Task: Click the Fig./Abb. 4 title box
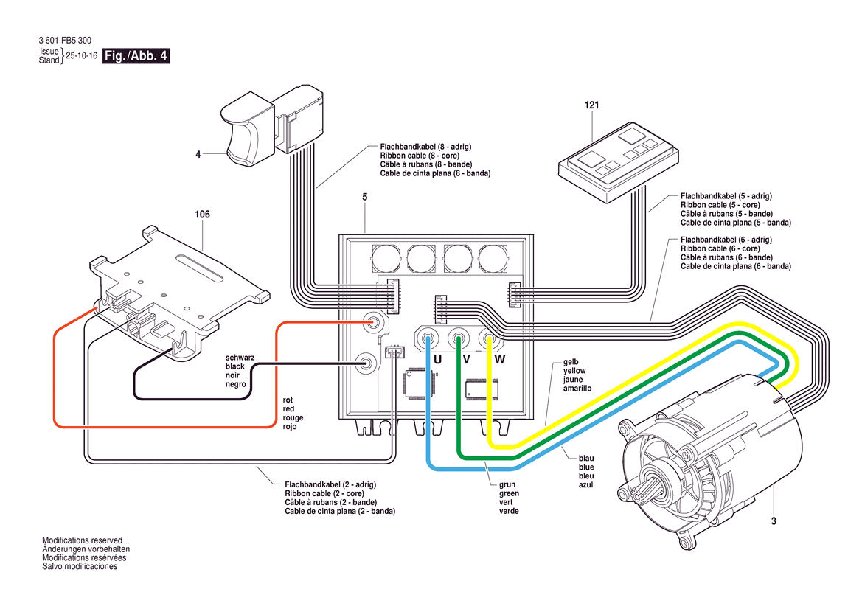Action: point(136,55)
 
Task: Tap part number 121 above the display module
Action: point(591,105)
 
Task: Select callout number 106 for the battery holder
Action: point(202,215)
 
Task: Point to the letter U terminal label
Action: point(437,360)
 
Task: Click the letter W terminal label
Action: point(500,360)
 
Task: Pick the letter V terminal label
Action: point(467,360)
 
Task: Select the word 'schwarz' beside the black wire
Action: point(240,358)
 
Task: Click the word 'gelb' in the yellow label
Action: point(571,362)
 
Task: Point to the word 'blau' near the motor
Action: point(586,459)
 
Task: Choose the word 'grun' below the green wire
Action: point(507,485)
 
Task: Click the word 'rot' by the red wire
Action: point(288,400)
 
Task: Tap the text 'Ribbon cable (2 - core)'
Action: point(324,493)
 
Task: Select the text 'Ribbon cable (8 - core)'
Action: point(420,156)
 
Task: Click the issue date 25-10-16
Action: point(81,55)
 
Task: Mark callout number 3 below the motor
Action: point(774,521)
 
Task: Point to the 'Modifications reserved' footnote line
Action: point(83,540)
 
